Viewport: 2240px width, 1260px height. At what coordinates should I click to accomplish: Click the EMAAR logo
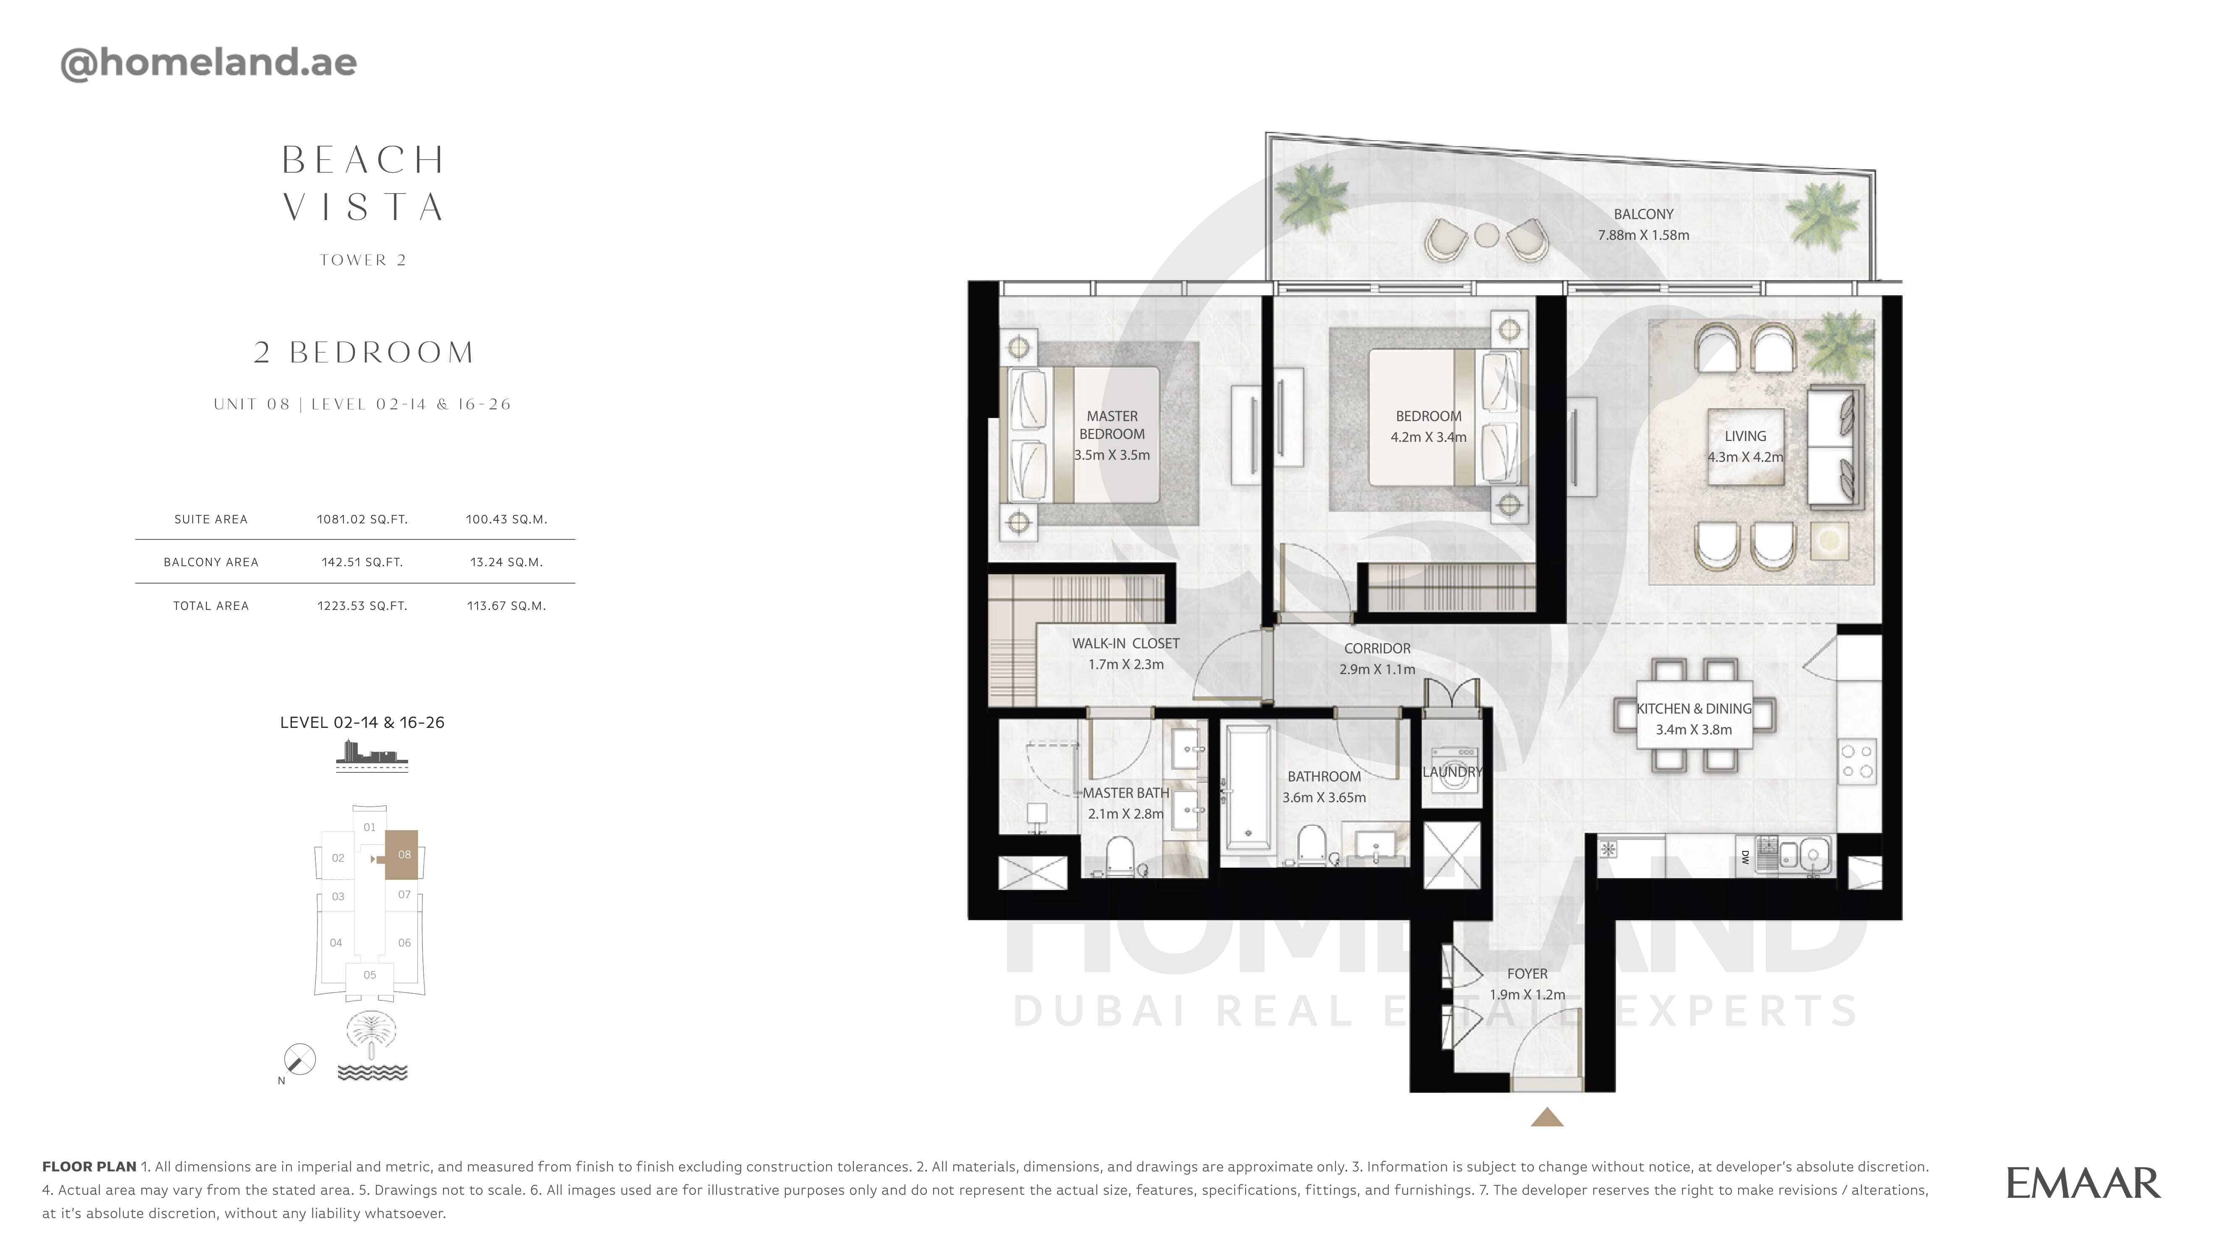[x=2083, y=1184]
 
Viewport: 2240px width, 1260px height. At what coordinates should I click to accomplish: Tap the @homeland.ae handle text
[x=209, y=63]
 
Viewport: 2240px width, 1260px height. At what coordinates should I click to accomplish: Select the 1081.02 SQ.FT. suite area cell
[x=362, y=519]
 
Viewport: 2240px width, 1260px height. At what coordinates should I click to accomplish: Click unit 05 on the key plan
[x=370, y=975]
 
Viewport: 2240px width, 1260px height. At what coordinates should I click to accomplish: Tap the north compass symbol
[x=299, y=1060]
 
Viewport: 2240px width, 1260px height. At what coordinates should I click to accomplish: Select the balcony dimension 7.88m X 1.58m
[x=1642, y=235]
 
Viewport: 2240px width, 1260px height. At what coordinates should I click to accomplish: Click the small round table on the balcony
[x=1486, y=235]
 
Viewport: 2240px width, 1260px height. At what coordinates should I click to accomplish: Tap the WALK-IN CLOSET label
[x=1125, y=643]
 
